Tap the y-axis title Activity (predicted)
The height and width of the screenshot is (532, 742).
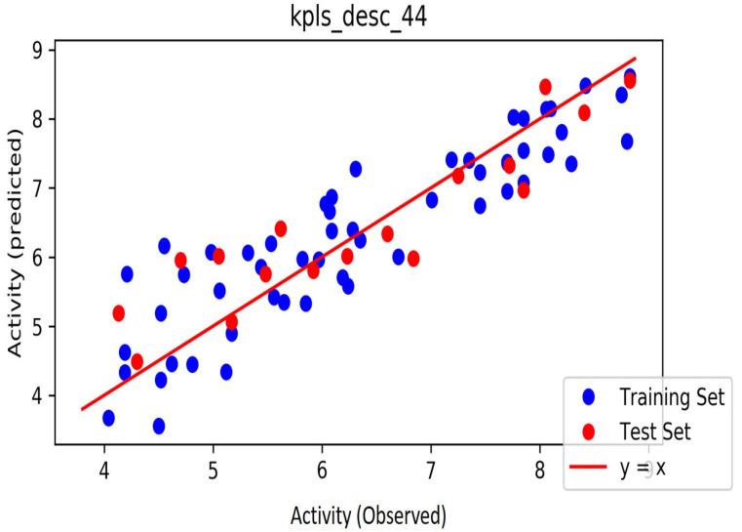(17, 245)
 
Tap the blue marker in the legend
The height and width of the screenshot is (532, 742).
(587, 397)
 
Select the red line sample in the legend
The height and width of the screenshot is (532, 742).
(587, 467)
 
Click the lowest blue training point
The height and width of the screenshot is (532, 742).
(159, 426)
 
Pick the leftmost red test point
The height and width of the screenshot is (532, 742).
(119, 313)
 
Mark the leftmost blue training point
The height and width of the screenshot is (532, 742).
(108, 418)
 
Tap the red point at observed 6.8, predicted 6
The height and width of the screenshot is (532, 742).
(413, 259)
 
